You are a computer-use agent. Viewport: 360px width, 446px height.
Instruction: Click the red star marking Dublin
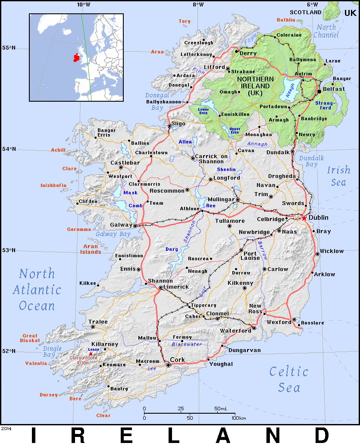tap(304, 218)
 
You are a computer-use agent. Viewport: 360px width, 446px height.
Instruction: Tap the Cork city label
tap(177, 360)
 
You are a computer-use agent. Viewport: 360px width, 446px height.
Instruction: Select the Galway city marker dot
tap(135, 225)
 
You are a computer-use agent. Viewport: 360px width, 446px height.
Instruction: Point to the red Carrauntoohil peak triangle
tap(90, 354)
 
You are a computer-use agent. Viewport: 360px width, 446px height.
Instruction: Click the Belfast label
tap(334, 89)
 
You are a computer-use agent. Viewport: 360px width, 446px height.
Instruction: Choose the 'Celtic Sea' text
tap(288, 379)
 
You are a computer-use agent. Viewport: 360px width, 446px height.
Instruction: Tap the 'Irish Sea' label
tap(338, 176)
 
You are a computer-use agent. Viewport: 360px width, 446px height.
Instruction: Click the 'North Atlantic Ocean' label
tap(37, 290)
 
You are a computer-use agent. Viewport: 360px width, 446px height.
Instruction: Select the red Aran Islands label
tap(89, 249)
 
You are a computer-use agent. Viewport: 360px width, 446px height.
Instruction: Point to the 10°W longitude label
tap(84, 5)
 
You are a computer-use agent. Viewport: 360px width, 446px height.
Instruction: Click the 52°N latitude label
tap(8, 351)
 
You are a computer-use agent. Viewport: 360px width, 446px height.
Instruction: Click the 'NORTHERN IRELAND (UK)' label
tap(255, 86)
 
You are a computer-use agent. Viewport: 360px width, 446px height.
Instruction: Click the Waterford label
tap(235, 331)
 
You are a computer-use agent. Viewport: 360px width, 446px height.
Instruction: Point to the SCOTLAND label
tap(305, 12)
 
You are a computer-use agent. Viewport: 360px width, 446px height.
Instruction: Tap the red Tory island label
tap(184, 21)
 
